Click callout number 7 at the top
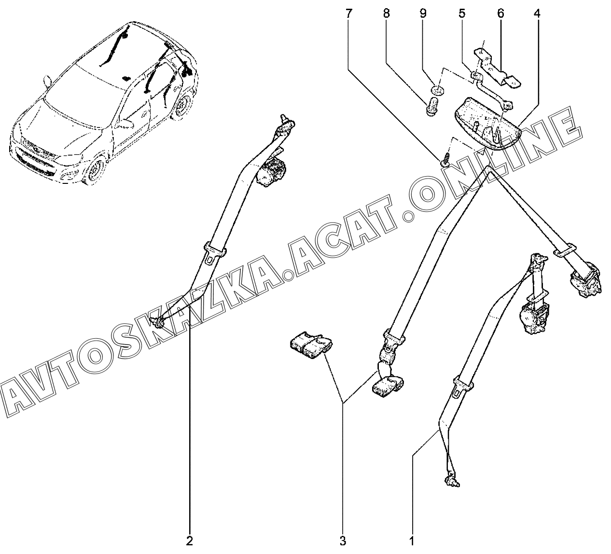point(348,13)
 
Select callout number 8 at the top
point(386,13)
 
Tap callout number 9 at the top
point(423,13)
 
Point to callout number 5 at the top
point(462,13)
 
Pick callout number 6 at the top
point(500,13)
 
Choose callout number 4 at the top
point(537,13)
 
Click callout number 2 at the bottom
point(190,540)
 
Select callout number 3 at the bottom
point(343,540)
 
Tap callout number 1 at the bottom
point(412,540)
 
